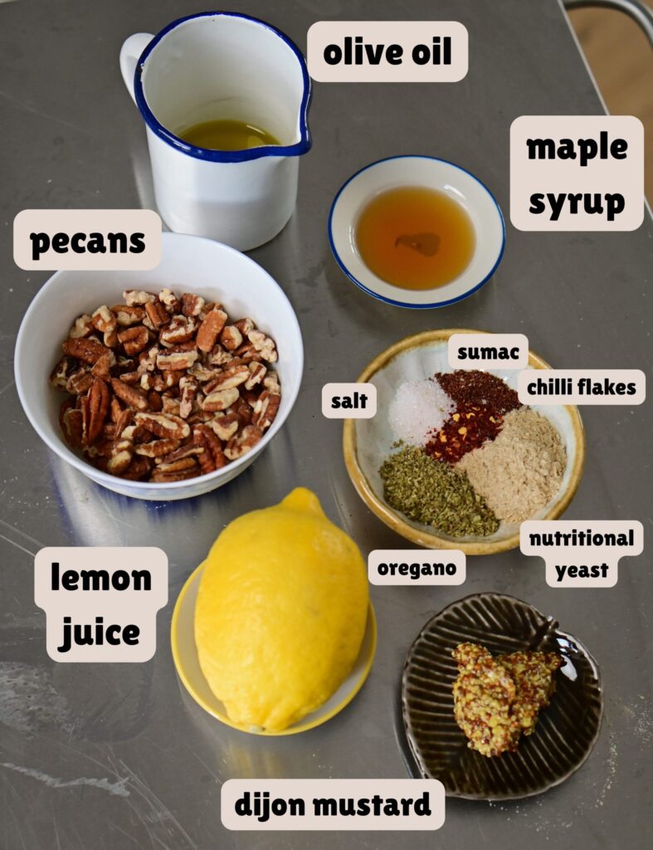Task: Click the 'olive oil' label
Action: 387,51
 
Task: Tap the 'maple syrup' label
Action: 577,173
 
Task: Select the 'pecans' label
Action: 88,240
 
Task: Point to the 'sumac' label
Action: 488,352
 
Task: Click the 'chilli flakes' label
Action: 582,387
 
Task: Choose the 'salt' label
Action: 349,401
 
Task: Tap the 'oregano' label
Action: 417,568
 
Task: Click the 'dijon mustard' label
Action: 333,804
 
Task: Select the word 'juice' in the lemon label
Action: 100,633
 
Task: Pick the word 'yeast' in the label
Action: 582,570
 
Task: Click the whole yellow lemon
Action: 280,610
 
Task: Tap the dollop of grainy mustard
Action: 502,696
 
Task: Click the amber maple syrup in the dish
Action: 416,237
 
